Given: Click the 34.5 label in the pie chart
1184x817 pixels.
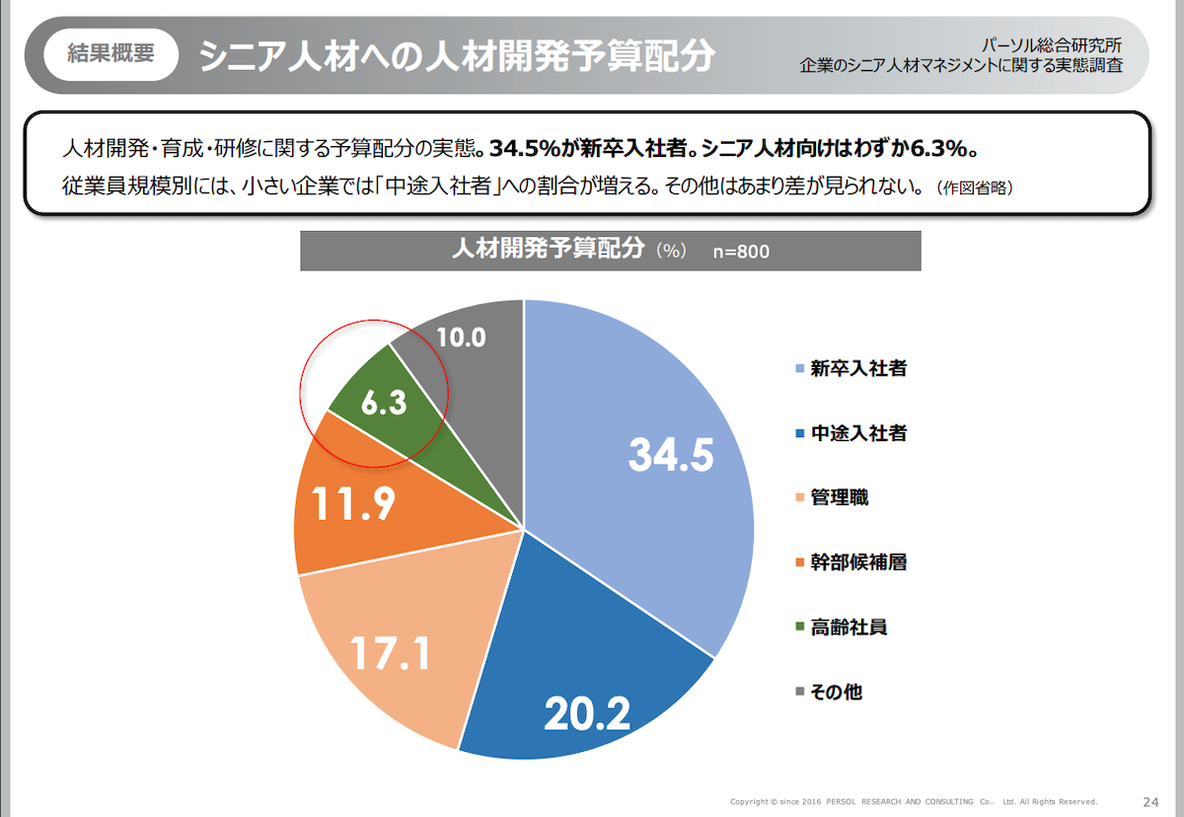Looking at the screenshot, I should pos(671,456).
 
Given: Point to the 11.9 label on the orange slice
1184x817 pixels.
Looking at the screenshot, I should pos(354,504).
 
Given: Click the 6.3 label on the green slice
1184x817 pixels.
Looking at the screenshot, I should pos(384,405).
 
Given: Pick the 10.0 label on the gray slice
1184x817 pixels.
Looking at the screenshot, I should pos(461,337).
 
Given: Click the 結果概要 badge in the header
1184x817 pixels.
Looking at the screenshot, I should pos(111,54).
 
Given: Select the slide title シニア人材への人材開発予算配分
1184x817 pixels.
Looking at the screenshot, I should pos(456,55).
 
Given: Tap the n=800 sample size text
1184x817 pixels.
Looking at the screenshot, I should pos(742,252).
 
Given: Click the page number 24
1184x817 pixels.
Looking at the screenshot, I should pos(1150,800).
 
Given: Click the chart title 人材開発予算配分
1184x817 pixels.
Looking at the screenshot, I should pos(547,250).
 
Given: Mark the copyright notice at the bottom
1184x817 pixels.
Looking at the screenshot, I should pos(913,801).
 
